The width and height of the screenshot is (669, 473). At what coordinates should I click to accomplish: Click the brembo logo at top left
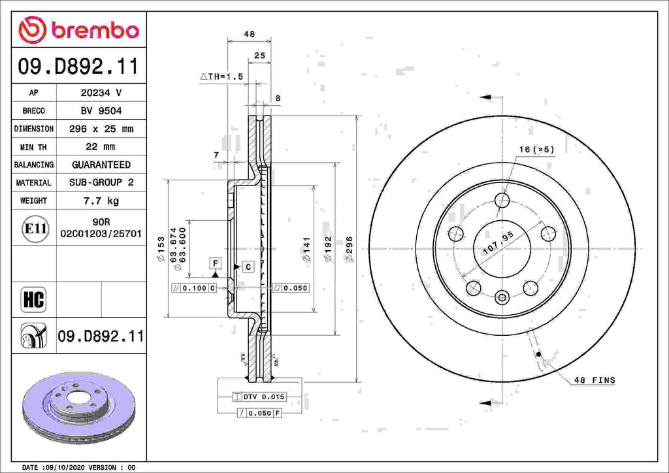tap(78, 30)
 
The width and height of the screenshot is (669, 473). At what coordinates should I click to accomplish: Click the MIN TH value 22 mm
tap(101, 147)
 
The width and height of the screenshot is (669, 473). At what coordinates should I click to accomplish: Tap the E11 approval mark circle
tap(34, 229)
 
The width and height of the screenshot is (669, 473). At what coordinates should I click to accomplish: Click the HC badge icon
tap(33, 300)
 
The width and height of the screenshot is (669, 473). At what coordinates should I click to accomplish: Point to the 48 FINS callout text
tap(594, 380)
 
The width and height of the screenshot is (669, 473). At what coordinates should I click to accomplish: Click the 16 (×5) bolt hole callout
tap(536, 150)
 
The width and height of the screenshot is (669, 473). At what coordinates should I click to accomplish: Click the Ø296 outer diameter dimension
tap(349, 249)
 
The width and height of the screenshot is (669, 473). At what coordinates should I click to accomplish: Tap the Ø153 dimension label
tap(161, 249)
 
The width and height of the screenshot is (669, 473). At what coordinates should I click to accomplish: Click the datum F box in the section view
tap(214, 263)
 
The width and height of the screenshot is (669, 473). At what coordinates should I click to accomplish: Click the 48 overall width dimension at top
tap(249, 34)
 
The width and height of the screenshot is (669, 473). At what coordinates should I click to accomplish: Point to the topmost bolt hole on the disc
tap(502, 200)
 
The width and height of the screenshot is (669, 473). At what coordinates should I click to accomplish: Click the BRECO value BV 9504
tap(101, 111)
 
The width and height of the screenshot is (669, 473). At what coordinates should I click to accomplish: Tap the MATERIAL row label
tap(33, 183)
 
